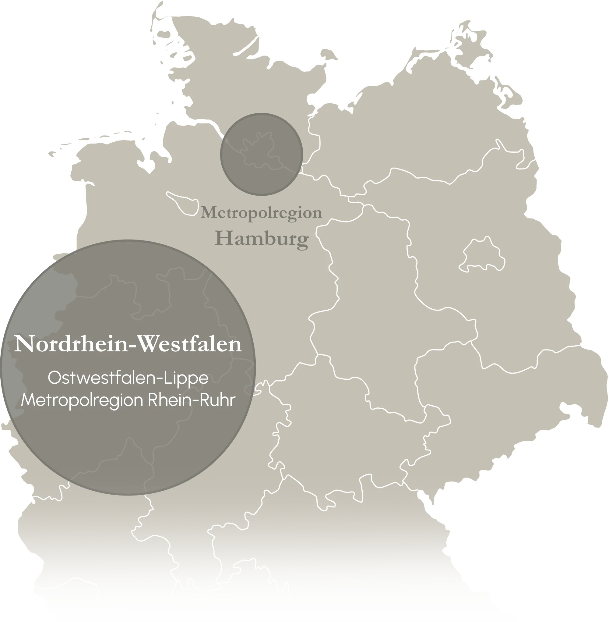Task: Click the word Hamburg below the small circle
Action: coord(262,239)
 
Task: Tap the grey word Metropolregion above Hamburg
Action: coord(261,213)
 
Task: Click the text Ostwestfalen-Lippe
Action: coord(128,378)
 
